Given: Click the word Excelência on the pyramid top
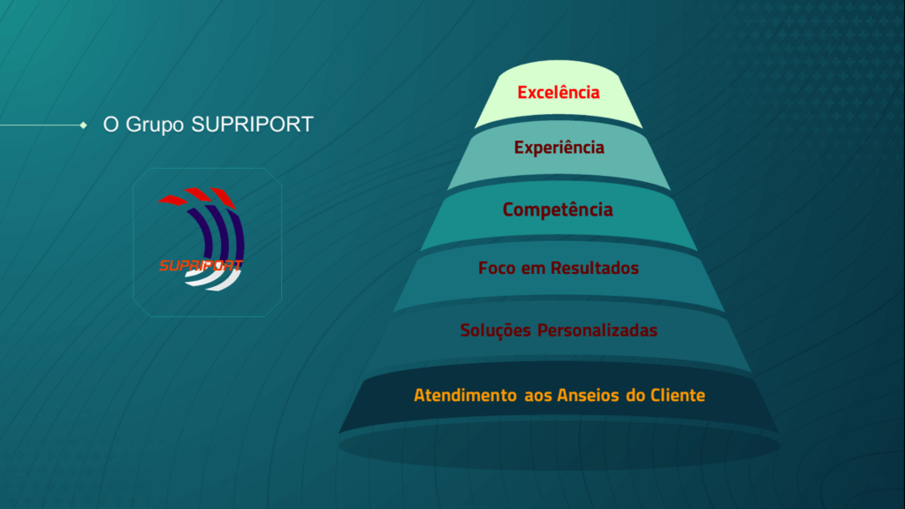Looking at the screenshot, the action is click(559, 92).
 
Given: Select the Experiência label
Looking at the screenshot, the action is click(559, 148).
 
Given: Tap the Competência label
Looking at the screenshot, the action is click(558, 209).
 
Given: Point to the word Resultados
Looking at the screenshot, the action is click(595, 268).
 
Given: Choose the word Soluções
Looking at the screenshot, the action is click(495, 330).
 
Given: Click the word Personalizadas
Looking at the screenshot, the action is click(597, 330).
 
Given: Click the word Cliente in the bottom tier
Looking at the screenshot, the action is click(678, 395).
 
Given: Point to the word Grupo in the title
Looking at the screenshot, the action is click(155, 125).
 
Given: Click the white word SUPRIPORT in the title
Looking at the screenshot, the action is click(252, 124).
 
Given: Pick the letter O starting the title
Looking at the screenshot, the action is click(110, 124).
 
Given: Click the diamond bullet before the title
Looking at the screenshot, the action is click(84, 125).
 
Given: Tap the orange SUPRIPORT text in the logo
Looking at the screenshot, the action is click(201, 265).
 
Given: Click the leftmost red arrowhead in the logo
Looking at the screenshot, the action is click(172, 201).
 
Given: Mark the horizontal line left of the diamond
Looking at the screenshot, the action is click(41, 125).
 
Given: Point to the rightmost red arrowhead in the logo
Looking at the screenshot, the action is click(224, 197).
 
